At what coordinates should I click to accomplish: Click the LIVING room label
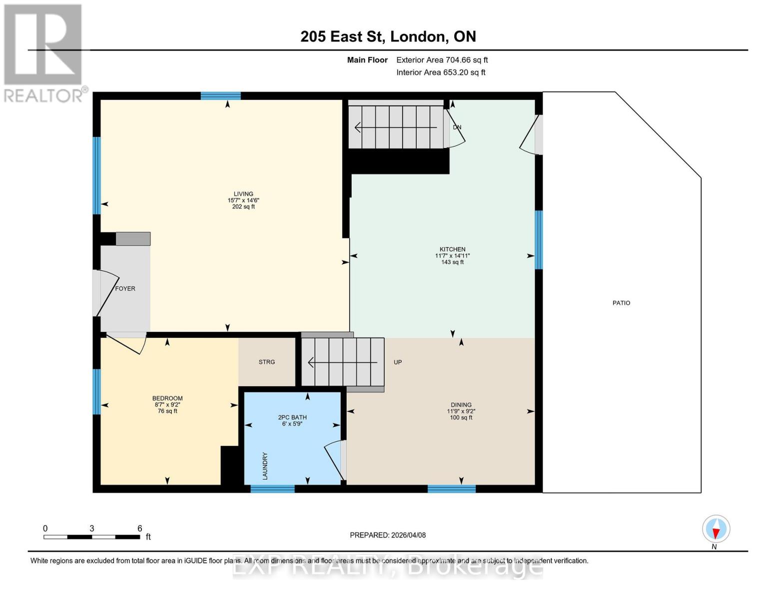pos(243,194)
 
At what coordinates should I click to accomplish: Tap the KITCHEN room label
pos(452,249)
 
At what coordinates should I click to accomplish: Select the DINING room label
pos(461,405)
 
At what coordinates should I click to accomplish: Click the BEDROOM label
pos(167,398)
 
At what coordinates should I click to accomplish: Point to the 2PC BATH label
pos(292,417)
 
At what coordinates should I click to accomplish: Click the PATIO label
pos(621,303)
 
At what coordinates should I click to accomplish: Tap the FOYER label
pos(125,288)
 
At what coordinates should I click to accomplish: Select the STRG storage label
pos(267,362)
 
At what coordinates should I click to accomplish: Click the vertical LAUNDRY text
pos(265,466)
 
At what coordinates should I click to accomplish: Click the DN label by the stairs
pos(457,127)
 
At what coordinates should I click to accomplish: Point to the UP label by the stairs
pos(398,362)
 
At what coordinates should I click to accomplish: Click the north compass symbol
pos(716,529)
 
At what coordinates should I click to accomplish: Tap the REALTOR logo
pos(44,53)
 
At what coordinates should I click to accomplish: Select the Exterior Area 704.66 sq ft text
pos(442,60)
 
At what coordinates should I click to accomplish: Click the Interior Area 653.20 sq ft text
pos(441,72)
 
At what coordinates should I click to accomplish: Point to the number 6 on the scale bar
pos(140,528)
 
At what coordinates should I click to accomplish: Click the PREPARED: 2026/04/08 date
pos(388,535)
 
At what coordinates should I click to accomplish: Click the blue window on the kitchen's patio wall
pos(539,240)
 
